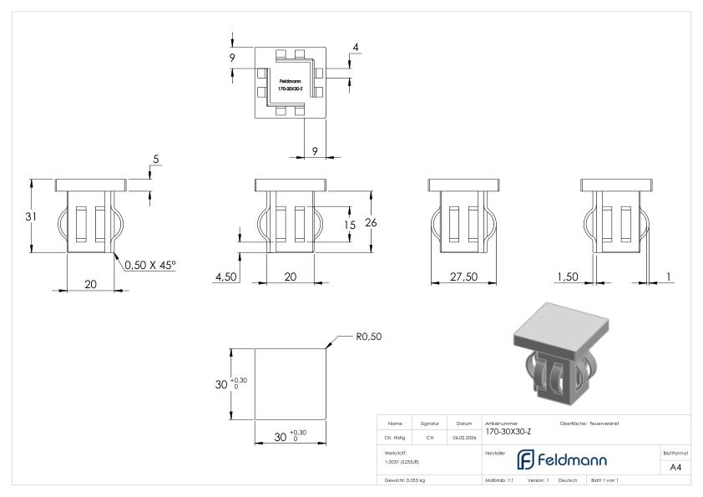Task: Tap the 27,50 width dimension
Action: coord(459,276)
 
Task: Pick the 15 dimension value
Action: coord(351,225)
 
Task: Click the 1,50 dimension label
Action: coord(567,276)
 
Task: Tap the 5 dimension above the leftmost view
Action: coord(154,159)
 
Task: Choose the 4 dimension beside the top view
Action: coord(356,48)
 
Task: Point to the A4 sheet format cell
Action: coord(676,467)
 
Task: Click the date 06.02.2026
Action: coord(463,437)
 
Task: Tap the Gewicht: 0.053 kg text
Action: coord(407,481)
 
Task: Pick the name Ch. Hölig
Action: coord(396,437)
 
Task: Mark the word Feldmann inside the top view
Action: coord(290,81)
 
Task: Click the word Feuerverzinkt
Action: coord(603,423)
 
